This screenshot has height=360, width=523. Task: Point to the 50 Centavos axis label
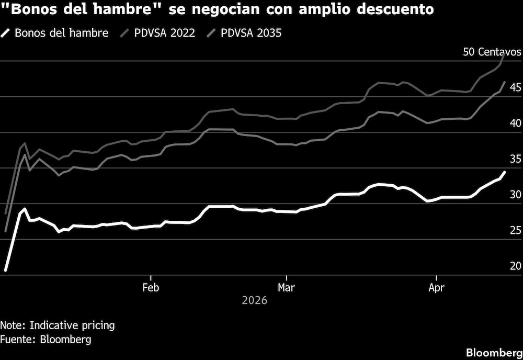492,52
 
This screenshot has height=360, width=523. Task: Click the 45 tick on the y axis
516,87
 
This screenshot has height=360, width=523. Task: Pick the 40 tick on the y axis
516,123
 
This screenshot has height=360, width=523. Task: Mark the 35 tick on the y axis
516,159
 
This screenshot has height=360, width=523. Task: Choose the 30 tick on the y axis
516,195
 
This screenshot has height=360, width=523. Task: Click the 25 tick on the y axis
516,230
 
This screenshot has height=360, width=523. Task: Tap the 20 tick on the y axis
516,266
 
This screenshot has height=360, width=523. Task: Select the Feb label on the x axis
151,287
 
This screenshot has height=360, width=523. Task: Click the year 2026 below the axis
255,301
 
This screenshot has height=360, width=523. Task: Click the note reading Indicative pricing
58,325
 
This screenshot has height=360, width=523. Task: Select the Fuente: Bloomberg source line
46,339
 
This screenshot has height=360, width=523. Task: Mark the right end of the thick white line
505,172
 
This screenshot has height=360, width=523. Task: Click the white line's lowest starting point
6,270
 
